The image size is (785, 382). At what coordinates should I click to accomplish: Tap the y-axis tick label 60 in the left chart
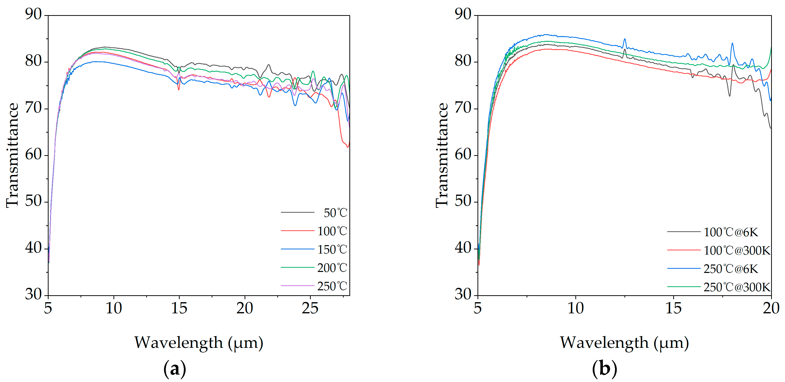33,155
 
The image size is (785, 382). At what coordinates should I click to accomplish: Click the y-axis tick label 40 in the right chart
463,248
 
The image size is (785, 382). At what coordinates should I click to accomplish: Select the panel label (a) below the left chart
175,369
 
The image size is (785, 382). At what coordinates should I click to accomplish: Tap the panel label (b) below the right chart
605,369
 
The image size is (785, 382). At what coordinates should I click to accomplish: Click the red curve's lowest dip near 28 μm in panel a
348,147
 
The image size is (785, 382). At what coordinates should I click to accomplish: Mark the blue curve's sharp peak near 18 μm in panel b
732,44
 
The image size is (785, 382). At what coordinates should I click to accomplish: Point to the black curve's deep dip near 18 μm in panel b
729,96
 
